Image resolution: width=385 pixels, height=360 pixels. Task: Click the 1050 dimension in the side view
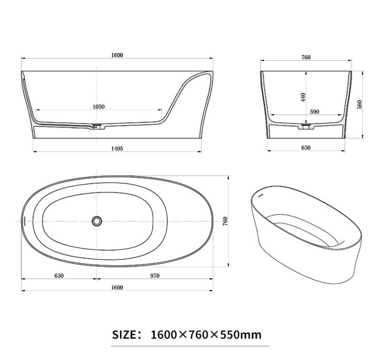coord(99,106)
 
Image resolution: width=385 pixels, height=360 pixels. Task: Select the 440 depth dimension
coord(304,96)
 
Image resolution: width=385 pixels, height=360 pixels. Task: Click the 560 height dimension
coord(360,104)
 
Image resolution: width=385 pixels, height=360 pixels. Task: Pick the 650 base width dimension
coord(306,148)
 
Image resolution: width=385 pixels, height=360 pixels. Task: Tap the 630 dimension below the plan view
coord(59,276)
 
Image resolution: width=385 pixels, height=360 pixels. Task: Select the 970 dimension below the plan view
coord(155,276)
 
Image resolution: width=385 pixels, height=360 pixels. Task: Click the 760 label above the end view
coord(306,57)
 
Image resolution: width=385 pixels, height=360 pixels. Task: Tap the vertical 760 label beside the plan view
coord(226,221)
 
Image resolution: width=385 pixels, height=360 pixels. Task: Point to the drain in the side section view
coord(96,125)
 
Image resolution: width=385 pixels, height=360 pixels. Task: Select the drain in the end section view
coord(306,125)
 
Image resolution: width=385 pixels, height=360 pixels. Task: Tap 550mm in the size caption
coord(241,335)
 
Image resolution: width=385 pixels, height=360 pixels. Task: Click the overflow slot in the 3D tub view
coord(259,195)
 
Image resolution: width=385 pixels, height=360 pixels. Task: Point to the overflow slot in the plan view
coord(25,221)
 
